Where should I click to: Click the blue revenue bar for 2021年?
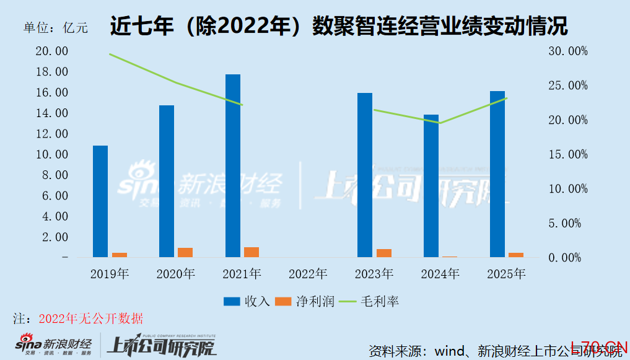[x=233, y=165]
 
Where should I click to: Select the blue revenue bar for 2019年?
[x=100, y=201]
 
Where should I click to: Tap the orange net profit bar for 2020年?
[x=185, y=252]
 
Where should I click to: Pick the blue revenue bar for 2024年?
[x=431, y=186]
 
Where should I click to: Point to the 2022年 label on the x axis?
[x=308, y=273]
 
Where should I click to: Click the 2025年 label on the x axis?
[x=506, y=273]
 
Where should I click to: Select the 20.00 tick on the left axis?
[x=52, y=51]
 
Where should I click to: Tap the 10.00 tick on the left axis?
[x=52, y=154]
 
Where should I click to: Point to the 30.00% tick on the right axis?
[x=568, y=51]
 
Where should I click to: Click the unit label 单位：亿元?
[x=56, y=28]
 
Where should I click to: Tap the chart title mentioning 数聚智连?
[x=339, y=26]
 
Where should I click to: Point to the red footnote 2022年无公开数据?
[x=90, y=319]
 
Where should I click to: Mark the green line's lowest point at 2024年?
[x=439, y=123]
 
